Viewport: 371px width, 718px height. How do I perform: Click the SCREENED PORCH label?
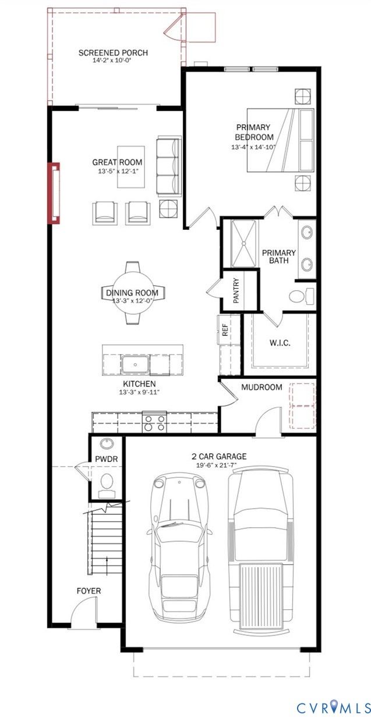coord(114,52)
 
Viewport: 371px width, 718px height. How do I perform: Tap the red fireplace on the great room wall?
coord(54,193)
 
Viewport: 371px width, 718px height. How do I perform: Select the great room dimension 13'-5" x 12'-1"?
coord(118,171)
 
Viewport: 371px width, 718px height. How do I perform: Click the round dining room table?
coord(132,293)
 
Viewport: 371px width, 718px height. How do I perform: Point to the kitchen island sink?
coord(135,364)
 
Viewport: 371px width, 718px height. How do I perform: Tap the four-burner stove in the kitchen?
coord(154,422)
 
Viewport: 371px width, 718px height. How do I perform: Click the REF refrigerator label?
coord(225,329)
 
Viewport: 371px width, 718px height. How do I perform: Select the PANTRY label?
coord(236,291)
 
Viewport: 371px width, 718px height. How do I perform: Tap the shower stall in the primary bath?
coord(244,243)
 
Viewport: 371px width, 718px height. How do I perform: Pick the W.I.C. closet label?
coord(280,343)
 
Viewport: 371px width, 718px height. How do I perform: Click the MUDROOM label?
coord(262,387)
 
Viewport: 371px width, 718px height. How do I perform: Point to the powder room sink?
coord(106,443)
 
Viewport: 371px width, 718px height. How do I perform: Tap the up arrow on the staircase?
coord(107,563)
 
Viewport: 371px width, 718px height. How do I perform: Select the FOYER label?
coord(89,591)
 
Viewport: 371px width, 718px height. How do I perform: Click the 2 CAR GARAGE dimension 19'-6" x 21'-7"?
coord(219,465)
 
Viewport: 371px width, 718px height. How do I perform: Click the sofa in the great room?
coord(168,166)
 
